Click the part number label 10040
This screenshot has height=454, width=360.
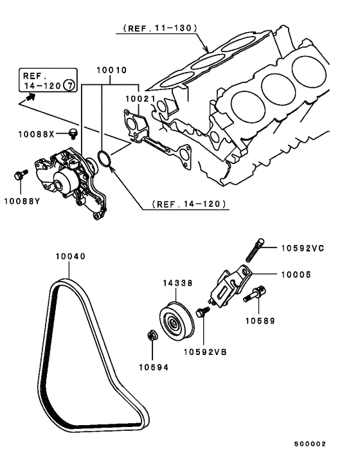[70, 256]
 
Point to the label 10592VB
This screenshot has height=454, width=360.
[204, 352]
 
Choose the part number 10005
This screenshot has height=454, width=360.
[296, 274]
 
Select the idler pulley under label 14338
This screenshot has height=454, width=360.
[172, 321]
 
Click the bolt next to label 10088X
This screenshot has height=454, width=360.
[73, 133]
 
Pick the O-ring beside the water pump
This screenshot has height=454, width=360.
[105, 158]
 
